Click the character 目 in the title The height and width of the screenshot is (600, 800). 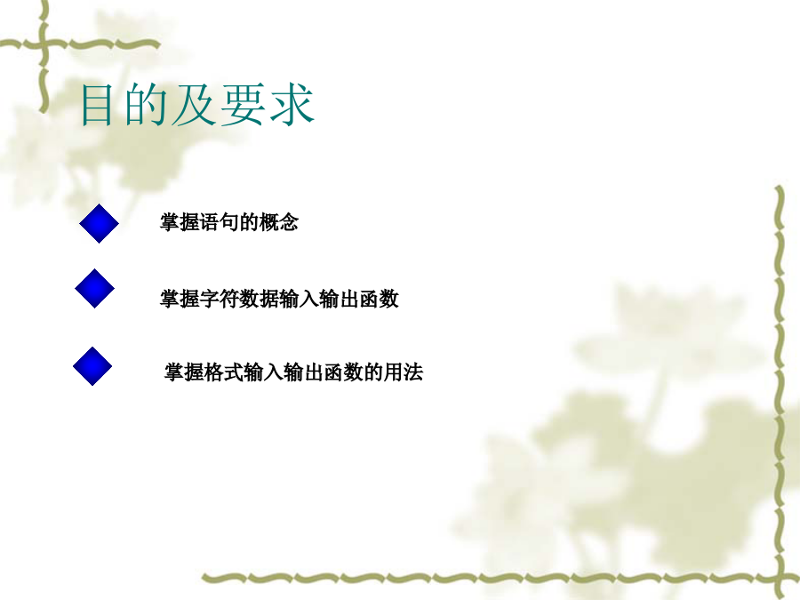tap(96, 105)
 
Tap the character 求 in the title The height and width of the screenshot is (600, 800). tap(292, 105)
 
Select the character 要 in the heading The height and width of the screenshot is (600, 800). tap(243, 105)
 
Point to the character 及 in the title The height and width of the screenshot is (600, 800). tap(194, 105)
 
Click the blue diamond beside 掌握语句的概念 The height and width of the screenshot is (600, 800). tap(99, 223)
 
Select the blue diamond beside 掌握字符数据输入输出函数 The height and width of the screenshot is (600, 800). tap(94, 288)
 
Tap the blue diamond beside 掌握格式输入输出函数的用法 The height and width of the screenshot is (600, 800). tap(92, 366)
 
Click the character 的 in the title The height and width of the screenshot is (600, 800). tap(145, 105)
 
